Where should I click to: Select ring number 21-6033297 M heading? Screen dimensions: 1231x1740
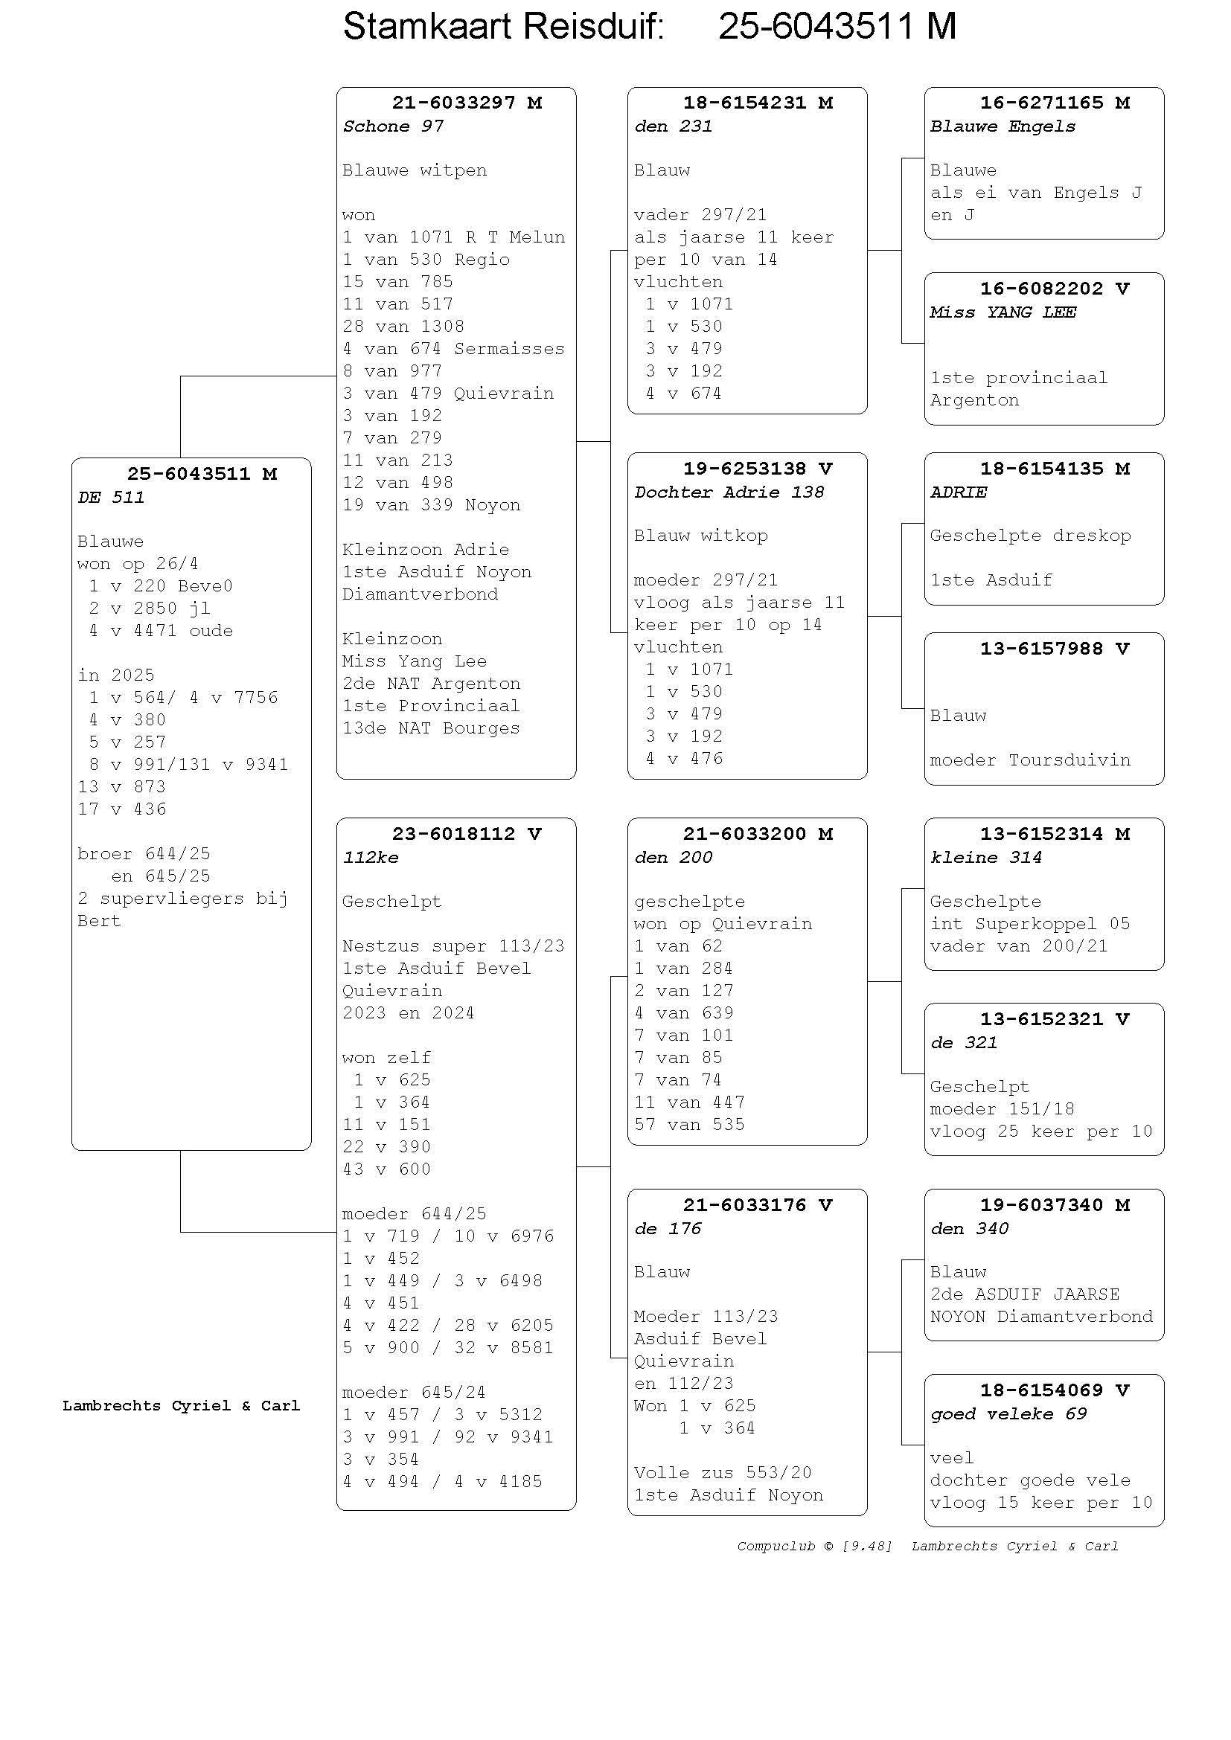(x=467, y=103)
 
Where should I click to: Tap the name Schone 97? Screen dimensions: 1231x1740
(x=393, y=126)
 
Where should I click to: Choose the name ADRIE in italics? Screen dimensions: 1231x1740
(x=958, y=492)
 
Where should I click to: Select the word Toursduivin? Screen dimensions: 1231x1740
(x=1069, y=760)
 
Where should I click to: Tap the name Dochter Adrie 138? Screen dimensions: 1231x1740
(x=729, y=492)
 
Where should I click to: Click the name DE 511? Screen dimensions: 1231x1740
(x=111, y=497)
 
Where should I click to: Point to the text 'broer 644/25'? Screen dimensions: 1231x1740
(x=144, y=853)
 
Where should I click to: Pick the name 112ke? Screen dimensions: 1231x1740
(x=371, y=857)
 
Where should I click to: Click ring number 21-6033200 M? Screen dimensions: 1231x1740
(x=758, y=834)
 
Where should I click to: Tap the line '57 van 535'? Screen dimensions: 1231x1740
(x=690, y=1124)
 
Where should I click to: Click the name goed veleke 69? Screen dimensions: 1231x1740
(x=1009, y=1413)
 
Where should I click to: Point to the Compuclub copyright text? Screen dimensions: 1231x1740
(x=815, y=1546)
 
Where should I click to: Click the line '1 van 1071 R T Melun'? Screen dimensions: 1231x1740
(x=453, y=237)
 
